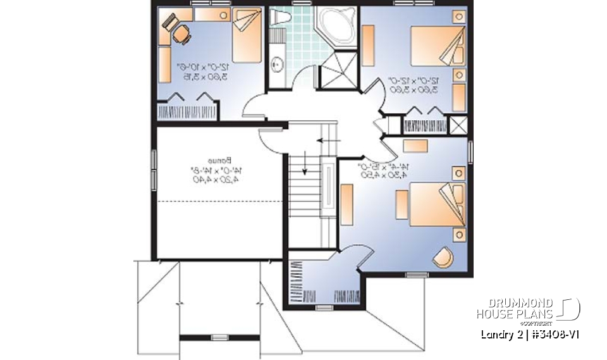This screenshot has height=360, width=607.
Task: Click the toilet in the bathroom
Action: point(279,18)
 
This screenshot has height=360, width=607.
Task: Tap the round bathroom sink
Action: point(277,63)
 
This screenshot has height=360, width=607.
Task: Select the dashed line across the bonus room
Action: point(218,201)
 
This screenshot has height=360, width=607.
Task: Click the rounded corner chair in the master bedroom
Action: point(442,256)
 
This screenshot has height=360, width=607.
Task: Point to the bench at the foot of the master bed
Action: point(402,204)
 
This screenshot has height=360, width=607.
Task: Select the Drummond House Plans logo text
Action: point(515,308)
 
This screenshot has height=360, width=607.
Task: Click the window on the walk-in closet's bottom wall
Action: point(324,307)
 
